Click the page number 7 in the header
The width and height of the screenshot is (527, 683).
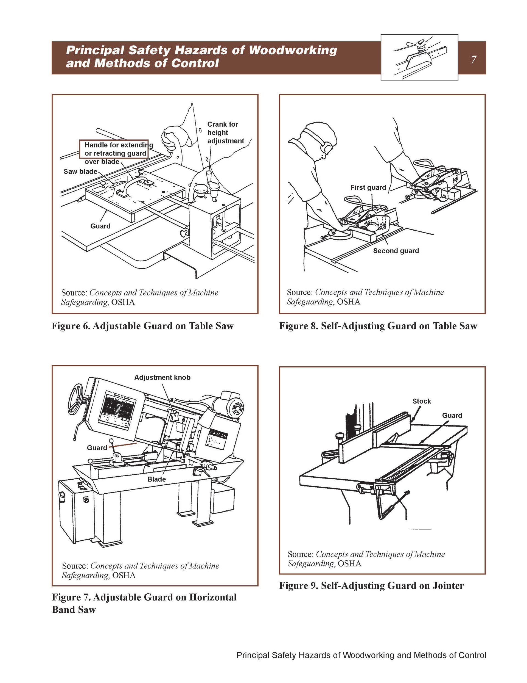(x=473, y=59)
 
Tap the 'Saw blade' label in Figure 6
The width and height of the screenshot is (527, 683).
(x=80, y=172)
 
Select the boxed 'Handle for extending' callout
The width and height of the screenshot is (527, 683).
(x=114, y=149)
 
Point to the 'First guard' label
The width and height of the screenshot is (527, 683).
(x=368, y=187)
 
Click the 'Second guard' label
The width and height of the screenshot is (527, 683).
(x=396, y=251)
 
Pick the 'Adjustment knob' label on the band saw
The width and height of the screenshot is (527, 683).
(x=162, y=377)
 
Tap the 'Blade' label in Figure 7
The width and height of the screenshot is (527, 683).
(x=156, y=479)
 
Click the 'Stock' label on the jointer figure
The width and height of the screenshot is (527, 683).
(x=421, y=401)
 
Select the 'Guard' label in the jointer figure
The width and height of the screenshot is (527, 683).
(x=452, y=416)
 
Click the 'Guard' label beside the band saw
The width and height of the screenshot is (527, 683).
(x=97, y=448)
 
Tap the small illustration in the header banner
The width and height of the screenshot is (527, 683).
(x=419, y=58)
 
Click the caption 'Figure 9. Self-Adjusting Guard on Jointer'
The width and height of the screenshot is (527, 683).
(x=371, y=585)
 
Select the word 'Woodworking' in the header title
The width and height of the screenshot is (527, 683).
(x=293, y=50)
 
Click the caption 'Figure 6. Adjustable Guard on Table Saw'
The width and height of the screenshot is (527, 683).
(x=142, y=326)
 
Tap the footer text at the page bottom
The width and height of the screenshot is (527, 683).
(x=361, y=655)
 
